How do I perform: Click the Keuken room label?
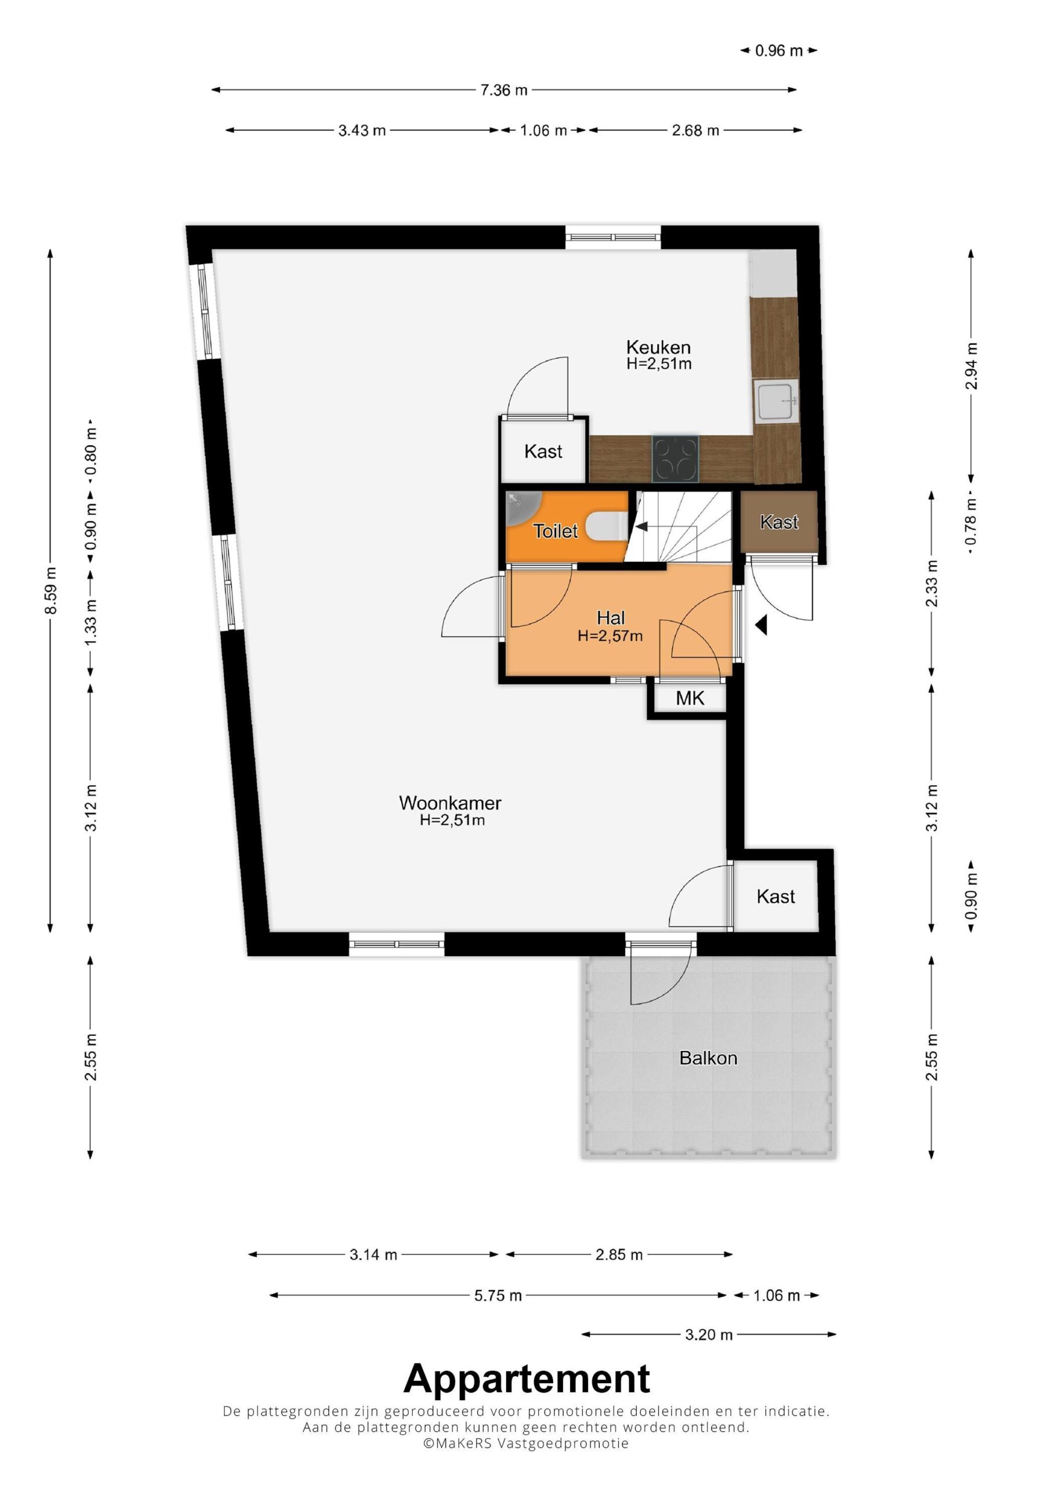pyautogui.click(x=658, y=348)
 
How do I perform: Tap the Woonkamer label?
pyautogui.click(x=450, y=803)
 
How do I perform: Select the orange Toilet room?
pyautogui.click(x=567, y=526)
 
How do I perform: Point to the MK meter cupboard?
pyautogui.click(x=690, y=699)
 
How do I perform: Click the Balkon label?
pyautogui.click(x=708, y=1059)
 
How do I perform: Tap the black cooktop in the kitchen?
pyautogui.click(x=676, y=458)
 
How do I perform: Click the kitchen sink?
pyautogui.click(x=775, y=402)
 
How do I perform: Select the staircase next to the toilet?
pyautogui.click(x=680, y=526)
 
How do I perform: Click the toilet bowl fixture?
pyautogui.click(x=607, y=526)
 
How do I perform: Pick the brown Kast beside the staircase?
pyautogui.click(x=779, y=522)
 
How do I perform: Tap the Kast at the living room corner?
pyautogui.click(x=776, y=896)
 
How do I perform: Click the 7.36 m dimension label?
pyautogui.click(x=504, y=90)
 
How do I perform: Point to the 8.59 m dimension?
pyautogui.click(x=51, y=590)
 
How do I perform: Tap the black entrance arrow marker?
pyautogui.click(x=762, y=625)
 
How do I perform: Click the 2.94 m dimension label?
pyautogui.click(x=971, y=366)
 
